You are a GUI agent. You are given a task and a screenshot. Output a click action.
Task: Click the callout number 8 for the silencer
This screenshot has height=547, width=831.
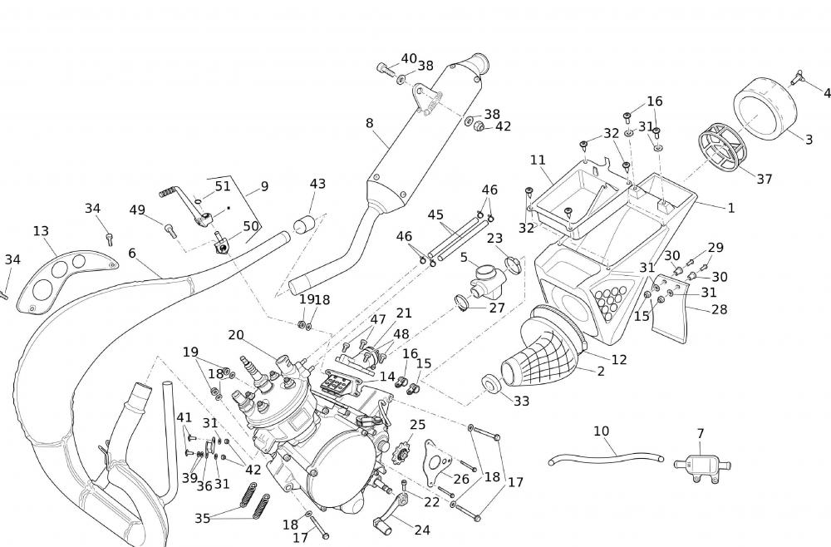(369, 123)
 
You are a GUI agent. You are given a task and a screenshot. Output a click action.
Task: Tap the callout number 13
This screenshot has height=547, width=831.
(42, 230)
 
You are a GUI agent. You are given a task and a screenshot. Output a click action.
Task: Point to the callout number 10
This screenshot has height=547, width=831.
(602, 431)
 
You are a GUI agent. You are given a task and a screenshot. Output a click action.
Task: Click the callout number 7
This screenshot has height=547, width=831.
(701, 434)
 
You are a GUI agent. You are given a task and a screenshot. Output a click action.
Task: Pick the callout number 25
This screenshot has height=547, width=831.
(417, 425)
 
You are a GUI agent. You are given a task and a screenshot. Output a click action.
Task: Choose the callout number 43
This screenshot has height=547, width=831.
(317, 184)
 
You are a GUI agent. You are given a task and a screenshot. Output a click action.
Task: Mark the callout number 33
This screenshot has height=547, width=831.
(521, 402)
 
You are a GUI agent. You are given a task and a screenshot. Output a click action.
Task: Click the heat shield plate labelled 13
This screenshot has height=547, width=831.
(62, 277)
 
